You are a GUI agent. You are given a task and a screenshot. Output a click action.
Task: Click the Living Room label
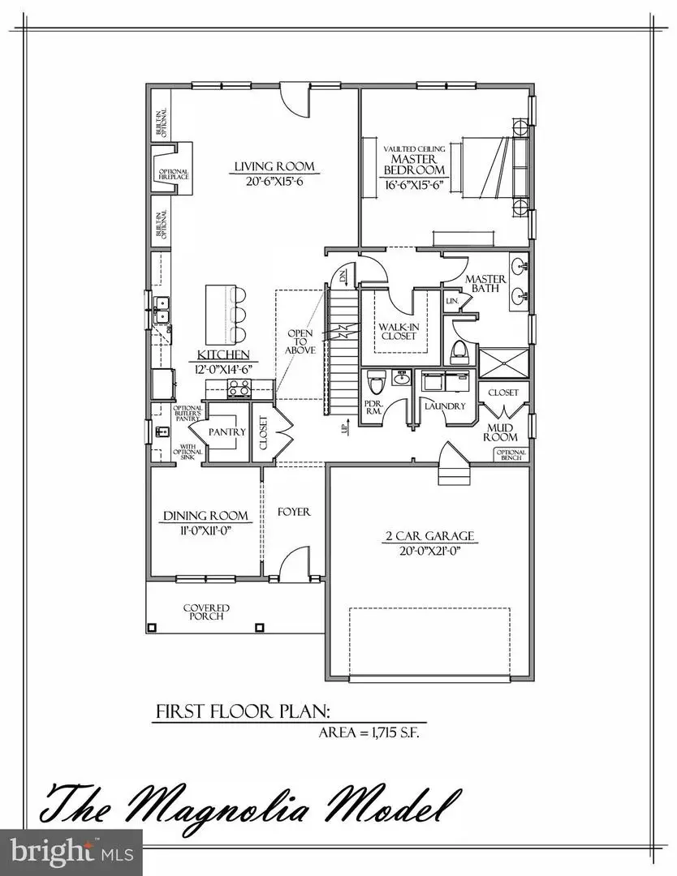[274, 167]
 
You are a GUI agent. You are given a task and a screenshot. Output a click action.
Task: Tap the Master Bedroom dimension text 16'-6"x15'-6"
[415, 185]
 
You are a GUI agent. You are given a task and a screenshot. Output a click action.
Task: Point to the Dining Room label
[206, 516]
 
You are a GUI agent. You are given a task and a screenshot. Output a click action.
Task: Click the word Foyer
[294, 512]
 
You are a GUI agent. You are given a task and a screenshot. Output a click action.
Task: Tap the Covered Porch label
[205, 612]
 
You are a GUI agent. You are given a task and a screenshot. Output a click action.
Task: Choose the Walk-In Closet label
[397, 330]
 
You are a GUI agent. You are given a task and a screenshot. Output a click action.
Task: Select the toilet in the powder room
[375, 380]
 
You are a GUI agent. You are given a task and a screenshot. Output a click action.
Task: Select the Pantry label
[227, 432]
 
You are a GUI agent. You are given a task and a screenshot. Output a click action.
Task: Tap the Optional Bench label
[511, 456]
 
